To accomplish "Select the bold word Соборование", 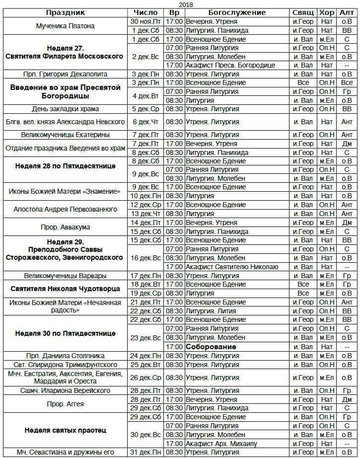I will tap(211, 347).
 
